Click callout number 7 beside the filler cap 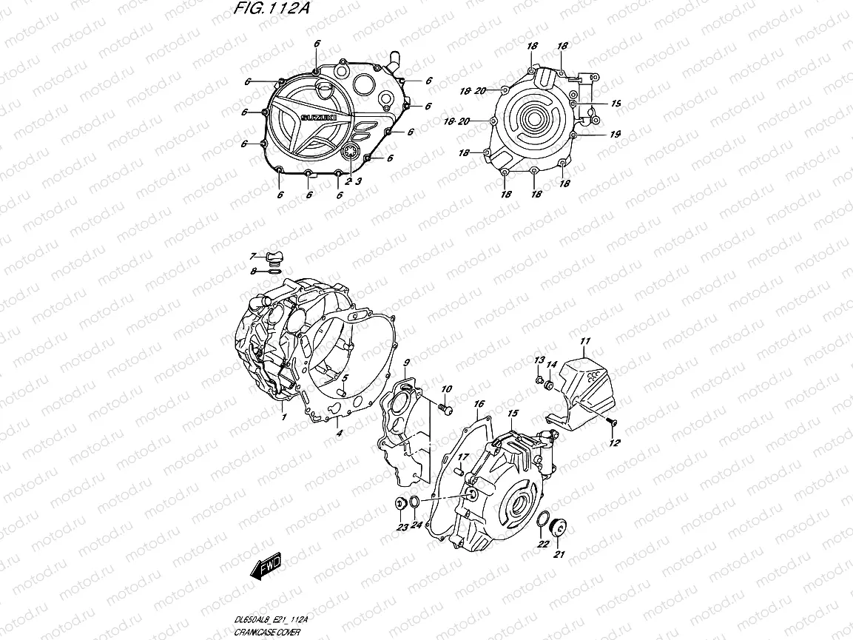tap(252, 256)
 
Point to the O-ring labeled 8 tap(274, 272)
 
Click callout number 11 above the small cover tap(584, 341)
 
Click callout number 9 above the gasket tap(406, 363)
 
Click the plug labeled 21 tap(559, 528)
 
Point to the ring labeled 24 tap(416, 504)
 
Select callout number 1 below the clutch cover tap(283, 417)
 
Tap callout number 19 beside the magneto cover tap(616, 134)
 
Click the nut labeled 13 tap(538, 380)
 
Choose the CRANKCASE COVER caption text tap(263, 634)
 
